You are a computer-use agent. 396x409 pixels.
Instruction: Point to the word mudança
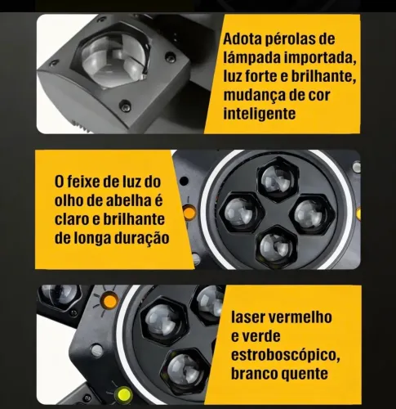pyautogui.click(x=251, y=96)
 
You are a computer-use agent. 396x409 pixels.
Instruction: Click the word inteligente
pyautogui.click(x=260, y=114)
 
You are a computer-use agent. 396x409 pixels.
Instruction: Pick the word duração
pyautogui.click(x=142, y=238)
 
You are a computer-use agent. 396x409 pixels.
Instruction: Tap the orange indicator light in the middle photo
pyautogui.click(x=189, y=212)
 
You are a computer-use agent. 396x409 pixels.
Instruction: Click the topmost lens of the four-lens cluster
pyautogui.click(x=277, y=179)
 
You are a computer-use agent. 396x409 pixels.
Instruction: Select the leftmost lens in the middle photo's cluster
pyautogui.click(x=242, y=212)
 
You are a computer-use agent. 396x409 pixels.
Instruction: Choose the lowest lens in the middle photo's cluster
pyautogui.click(x=276, y=247)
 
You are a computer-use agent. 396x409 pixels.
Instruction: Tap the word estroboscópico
pyautogui.click(x=286, y=355)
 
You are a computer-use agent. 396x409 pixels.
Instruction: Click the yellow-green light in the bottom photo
pyautogui.click(x=122, y=394)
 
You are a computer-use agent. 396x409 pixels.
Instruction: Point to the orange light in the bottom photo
pyautogui.click(x=109, y=299)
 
